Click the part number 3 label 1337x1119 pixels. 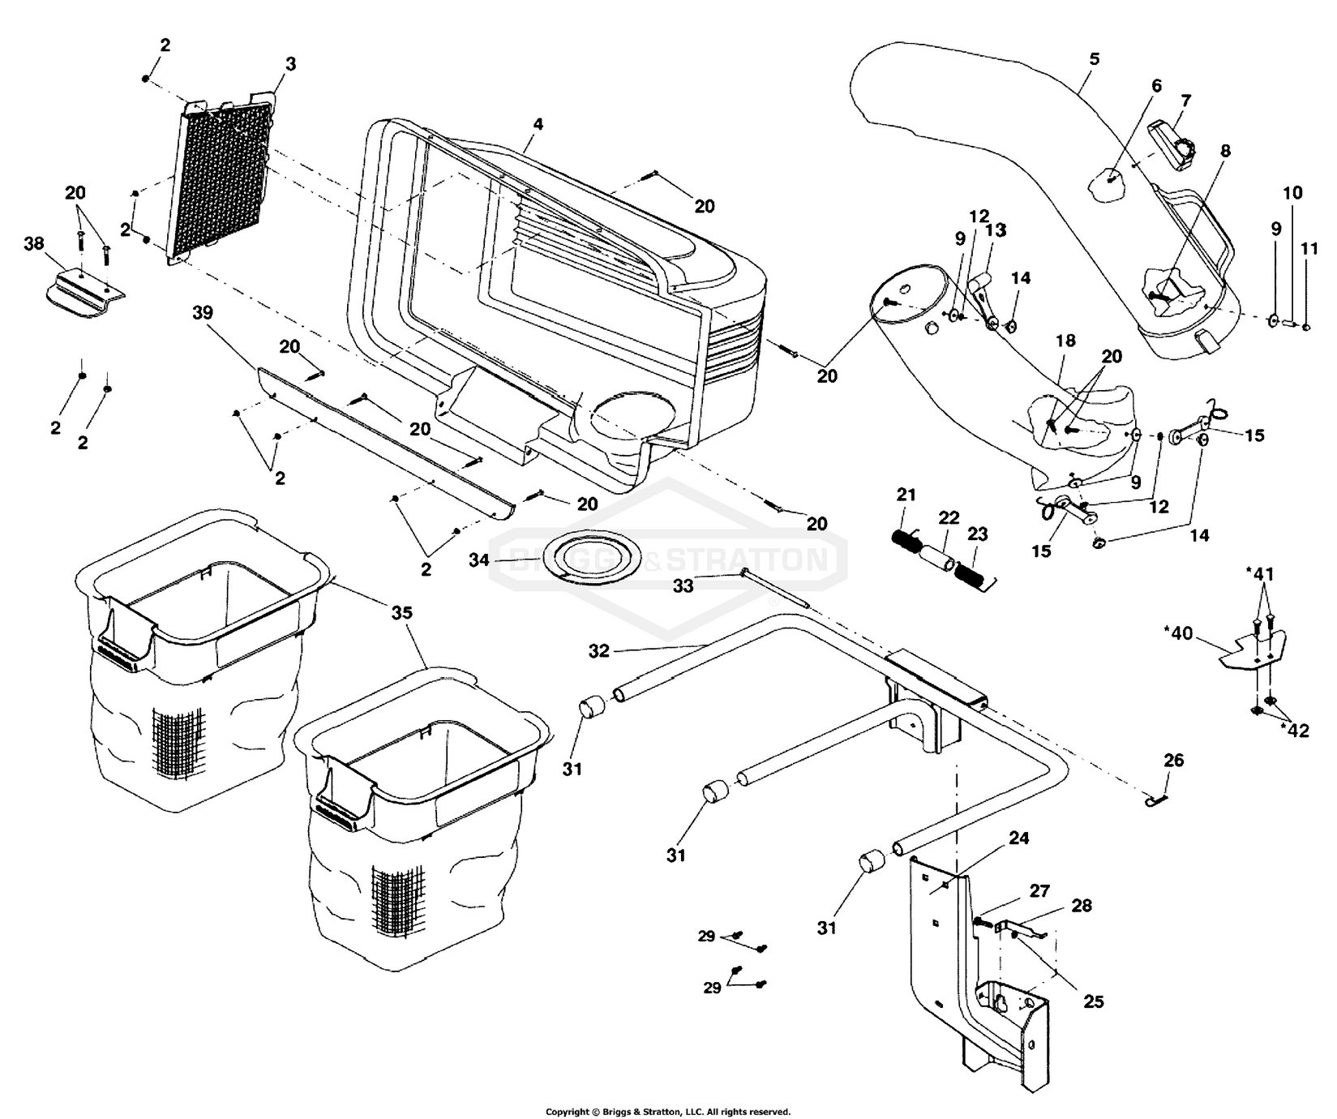coord(290,64)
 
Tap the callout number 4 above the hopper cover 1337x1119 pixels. coord(538,124)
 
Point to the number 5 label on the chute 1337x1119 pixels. coord(1095,59)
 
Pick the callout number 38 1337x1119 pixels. coord(33,243)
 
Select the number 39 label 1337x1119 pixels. coord(205,313)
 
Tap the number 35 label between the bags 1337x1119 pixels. coord(402,613)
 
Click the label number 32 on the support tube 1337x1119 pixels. coord(599,651)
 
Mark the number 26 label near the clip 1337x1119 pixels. coord(1173,760)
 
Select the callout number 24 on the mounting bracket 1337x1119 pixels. coord(1018,838)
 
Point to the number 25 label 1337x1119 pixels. coord(1094,1002)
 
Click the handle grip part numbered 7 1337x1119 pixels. coord(1175,144)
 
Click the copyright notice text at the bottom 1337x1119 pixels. coord(667,1111)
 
